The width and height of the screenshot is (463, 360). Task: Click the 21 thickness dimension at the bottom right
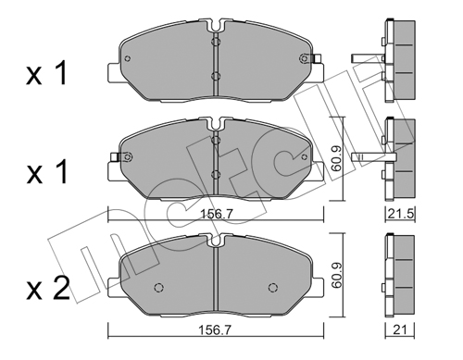pos(400,330)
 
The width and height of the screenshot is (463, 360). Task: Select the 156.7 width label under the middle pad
pos(216,214)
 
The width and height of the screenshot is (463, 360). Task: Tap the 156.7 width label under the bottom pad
pos(216,330)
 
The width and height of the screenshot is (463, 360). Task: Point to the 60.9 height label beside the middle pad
pos(336,158)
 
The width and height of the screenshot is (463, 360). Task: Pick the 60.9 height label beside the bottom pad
pos(336,275)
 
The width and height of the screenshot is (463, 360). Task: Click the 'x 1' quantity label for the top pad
pos(46,73)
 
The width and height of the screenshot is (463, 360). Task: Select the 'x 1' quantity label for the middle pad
pos(46,172)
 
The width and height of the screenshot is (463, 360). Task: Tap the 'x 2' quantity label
pos(48,289)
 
